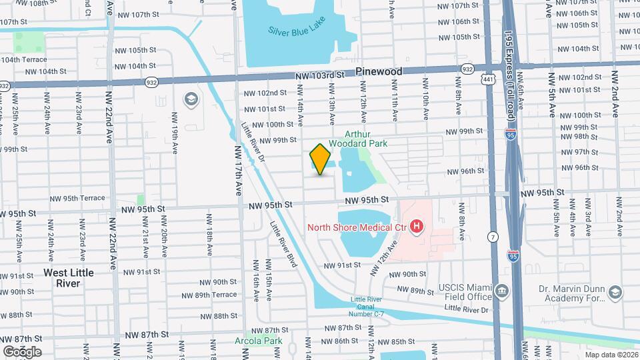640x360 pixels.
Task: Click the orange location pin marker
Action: click(x=321, y=159)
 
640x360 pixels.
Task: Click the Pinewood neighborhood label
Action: click(x=379, y=71)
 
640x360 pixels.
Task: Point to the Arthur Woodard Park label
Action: click(x=363, y=138)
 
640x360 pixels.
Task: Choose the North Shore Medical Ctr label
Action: click(x=357, y=227)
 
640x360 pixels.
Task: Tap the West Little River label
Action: click(x=69, y=278)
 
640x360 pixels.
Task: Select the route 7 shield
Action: click(x=493, y=237)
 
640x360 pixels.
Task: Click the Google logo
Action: click(x=22, y=351)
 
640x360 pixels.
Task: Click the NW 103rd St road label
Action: click(x=319, y=76)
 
